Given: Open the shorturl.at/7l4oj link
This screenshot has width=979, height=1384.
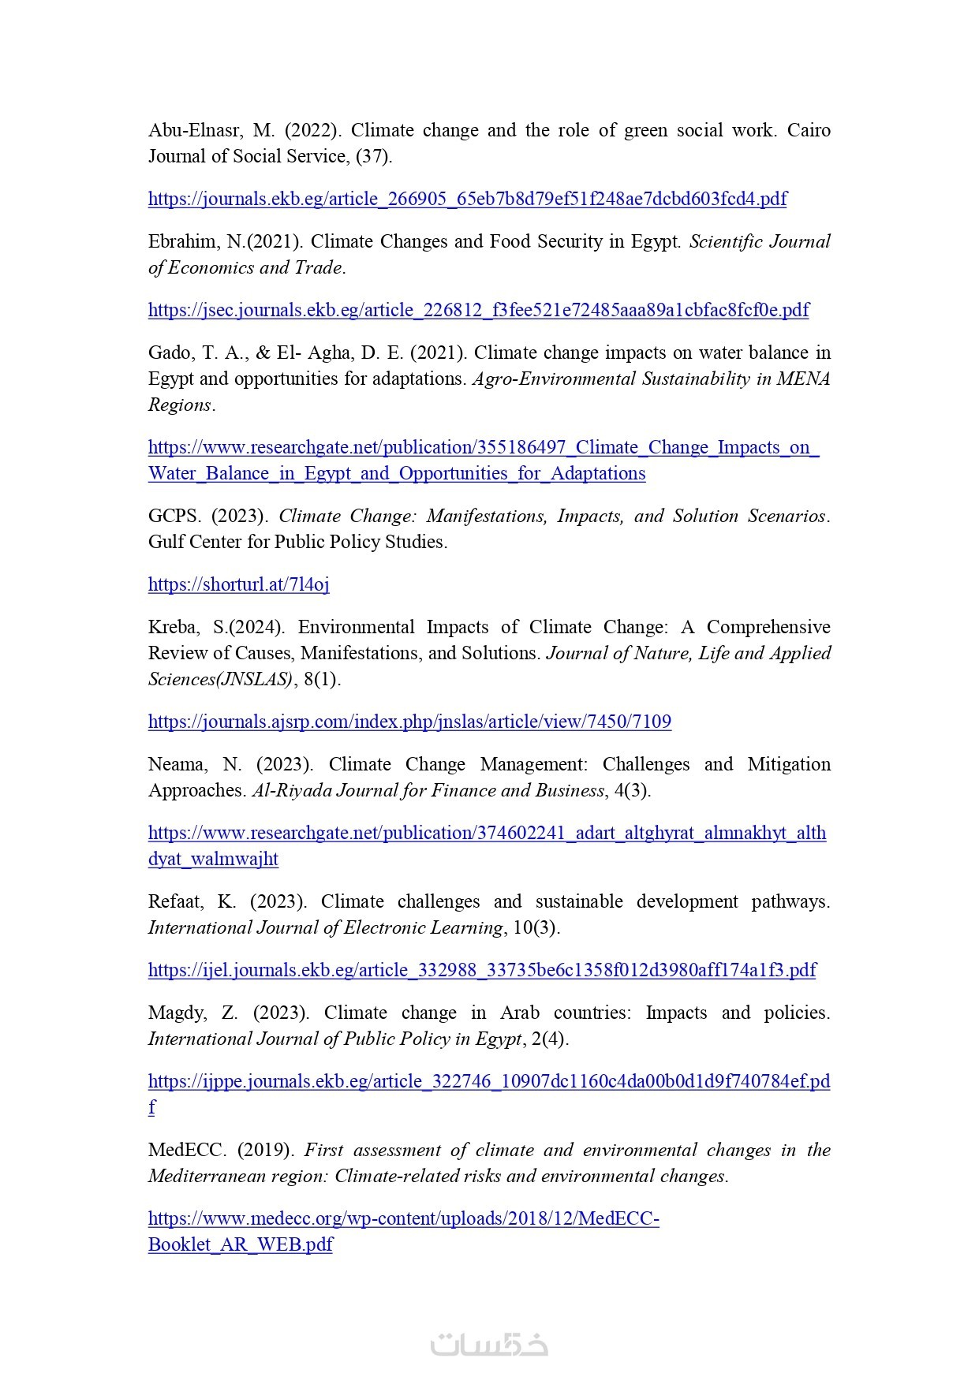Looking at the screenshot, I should tap(238, 584).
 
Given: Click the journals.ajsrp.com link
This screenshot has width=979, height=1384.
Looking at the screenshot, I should tap(409, 722).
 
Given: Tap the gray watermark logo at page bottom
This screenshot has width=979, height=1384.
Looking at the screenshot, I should tap(489, 1345).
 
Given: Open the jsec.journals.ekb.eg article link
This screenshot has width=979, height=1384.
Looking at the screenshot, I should tap(478, 310).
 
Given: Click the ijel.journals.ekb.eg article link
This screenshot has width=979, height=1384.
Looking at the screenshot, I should tap(482, 970).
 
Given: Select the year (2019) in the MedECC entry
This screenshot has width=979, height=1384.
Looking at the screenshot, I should tap(266, 1150).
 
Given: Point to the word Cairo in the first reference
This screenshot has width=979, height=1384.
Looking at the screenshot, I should tap(809, 130).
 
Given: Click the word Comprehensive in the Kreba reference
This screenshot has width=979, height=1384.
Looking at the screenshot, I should tap(768, 627).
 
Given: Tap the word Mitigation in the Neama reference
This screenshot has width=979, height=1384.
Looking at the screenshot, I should tap(789, 764).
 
